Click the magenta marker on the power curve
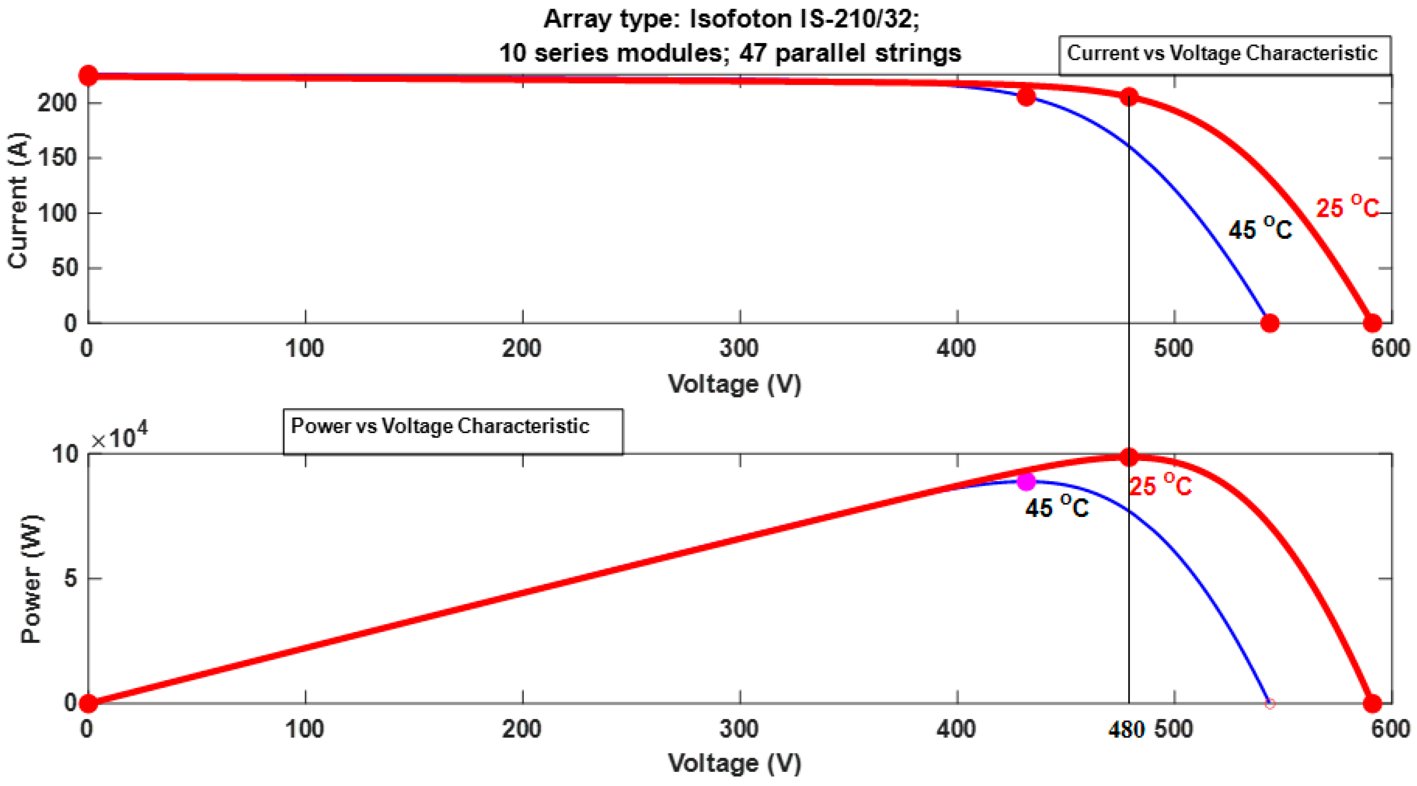(1026, 482)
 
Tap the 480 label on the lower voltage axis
(1126, 730)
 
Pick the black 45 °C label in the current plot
(1260, 228)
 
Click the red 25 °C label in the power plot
(1160, 486)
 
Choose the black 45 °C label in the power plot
(1057, 506)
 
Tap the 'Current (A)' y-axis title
(18, 200)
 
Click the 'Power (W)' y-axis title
(31, 579)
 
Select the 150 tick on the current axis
(57, 158)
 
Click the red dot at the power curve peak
(1129, 457)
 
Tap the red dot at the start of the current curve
(88, 76)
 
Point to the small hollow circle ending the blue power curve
(1269, 704)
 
